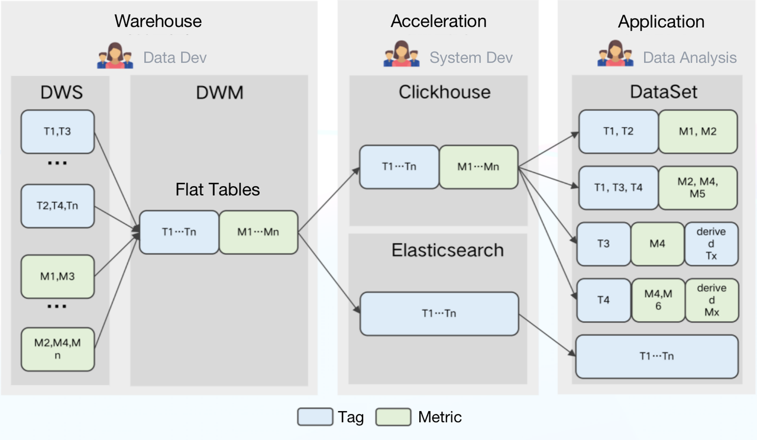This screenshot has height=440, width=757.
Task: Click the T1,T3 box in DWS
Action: pos(57,131)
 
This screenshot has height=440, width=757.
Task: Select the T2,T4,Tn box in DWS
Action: pos(57,206)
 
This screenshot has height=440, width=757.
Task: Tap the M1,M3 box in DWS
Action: pos(57,276)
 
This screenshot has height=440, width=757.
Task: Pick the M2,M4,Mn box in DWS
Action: pos(57,349)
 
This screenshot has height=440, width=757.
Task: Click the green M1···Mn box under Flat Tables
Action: pos(258,232)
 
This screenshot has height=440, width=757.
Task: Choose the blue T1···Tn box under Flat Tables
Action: pos(179,232)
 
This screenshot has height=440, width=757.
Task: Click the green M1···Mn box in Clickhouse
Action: pos(478,166)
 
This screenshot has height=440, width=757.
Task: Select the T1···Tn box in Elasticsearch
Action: pos(439,313)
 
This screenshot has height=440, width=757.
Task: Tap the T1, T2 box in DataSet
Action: pos(618,131)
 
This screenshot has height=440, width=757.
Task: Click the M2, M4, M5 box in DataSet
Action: pos(697,187)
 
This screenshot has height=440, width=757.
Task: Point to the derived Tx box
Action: pos(711,243)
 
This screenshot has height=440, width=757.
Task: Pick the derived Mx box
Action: pos(711,300)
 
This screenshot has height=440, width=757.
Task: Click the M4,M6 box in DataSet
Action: pos(658,300)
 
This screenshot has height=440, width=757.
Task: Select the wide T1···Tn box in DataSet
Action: pos(656,357)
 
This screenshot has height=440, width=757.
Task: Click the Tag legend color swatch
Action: pos(315,417)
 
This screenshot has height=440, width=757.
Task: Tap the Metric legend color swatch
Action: pos(393,417)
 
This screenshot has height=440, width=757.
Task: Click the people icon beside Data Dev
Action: pos(115,56)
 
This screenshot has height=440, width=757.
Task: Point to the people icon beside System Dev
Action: pos(402,54)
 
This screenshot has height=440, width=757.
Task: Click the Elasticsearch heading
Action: pos(447,250)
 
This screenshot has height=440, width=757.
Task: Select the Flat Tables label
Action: pos(218,190)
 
